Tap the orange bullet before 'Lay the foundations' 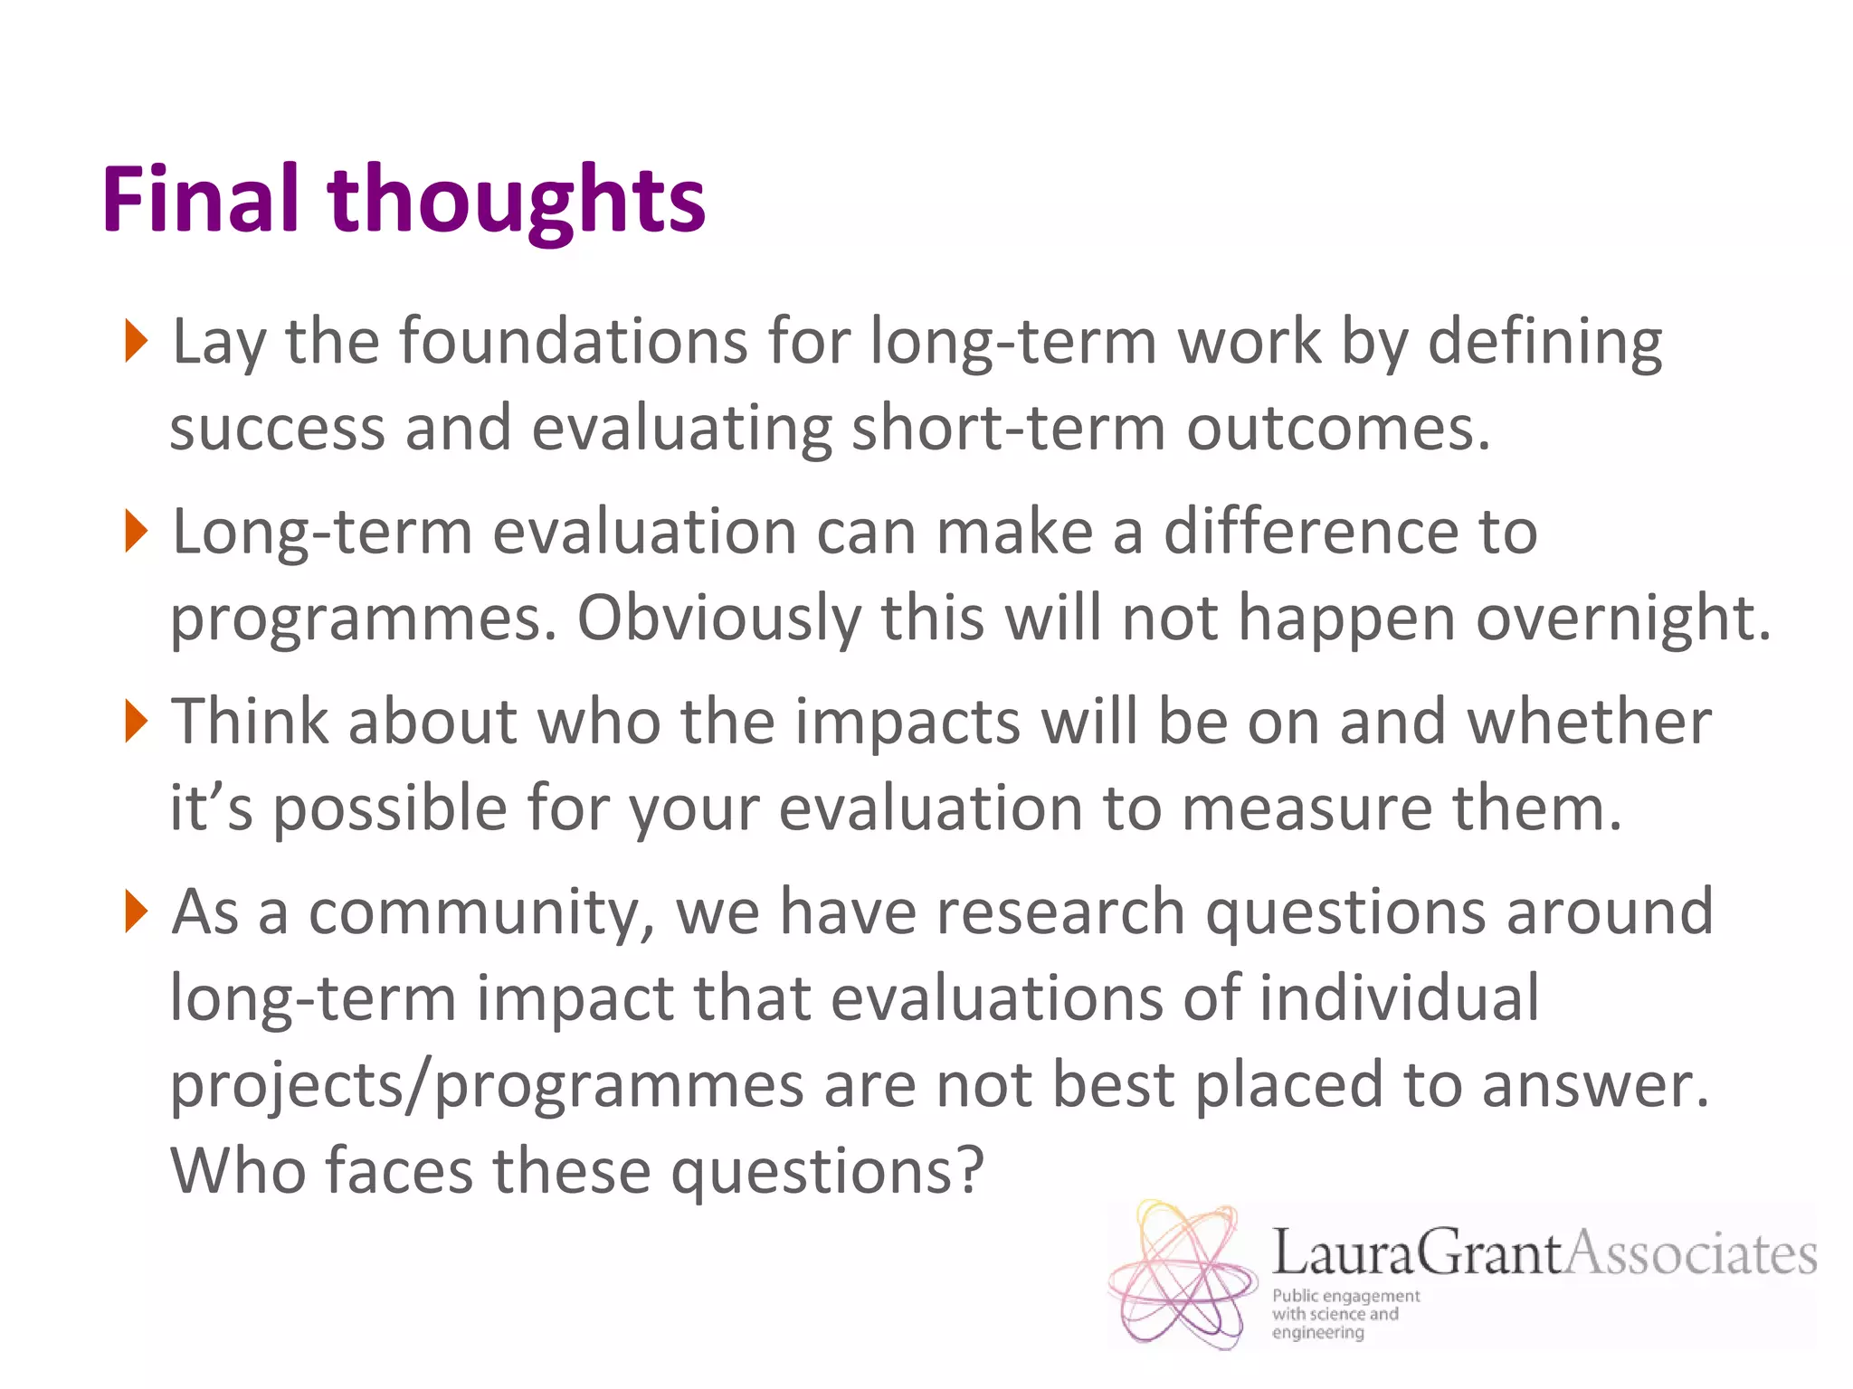coord(136,341)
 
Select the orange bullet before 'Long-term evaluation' coord(136,531)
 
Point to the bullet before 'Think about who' coord(136,721)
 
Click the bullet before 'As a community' coord(136,911)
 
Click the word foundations coord(574,342)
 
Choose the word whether coord(1589,722)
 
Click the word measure coord(1307,808)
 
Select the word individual coord(1399,997)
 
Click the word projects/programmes coord(487,1086)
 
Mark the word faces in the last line coord(399,1170)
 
